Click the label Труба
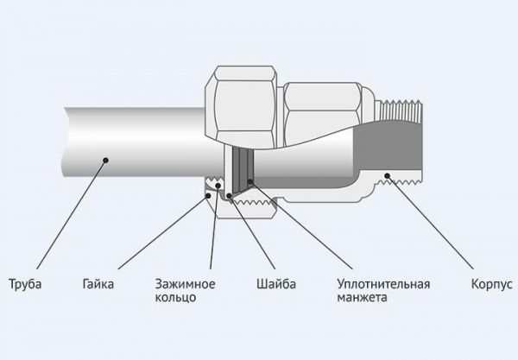tap(25, 284)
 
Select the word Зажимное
tap(186, 284)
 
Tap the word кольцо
tap(176, 298)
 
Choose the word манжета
tap(363, 298)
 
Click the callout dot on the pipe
tap(104, 157)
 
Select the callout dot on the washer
tap(229, 195)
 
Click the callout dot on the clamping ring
tap(218, 185)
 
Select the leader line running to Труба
tap(65, 216)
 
